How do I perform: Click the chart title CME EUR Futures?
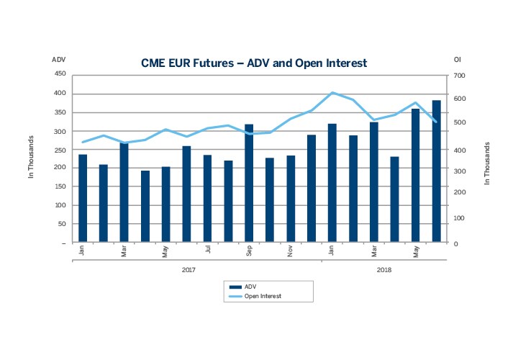click(x=254, y=63)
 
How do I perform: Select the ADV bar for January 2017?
click(x=83, y=199)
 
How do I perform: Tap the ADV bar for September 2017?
click(x=249, y=184)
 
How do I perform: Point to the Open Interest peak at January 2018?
click(x=332, y=92)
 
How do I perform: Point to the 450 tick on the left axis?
click(x=60, y=74)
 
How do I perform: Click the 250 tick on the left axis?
click(x=60, y=149)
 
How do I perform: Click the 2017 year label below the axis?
click(x=188, y=270)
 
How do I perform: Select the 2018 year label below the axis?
click(x=385, y=270)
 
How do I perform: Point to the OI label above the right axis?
click(x=458, y=59)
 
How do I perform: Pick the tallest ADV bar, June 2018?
click(x=437, y=171)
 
